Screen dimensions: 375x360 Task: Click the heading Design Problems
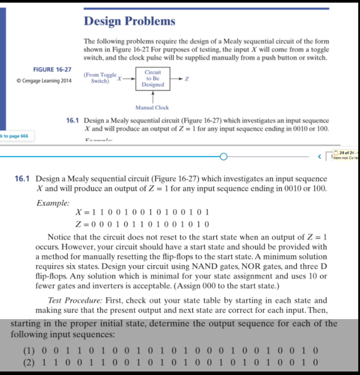click(x=129, y=21)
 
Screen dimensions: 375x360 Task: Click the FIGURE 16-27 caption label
click(x=52, y=69)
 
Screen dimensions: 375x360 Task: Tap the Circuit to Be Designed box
click(x=153, y=79)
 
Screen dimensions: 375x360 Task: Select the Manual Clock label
click(x=152, y=107)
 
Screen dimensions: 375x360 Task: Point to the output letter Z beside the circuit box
click(x=187, y=79)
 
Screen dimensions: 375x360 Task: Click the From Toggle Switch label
click(x=100, y=78)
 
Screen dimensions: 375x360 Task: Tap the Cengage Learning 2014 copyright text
click(x=44, y=81)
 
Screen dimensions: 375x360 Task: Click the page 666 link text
click(x=16, y=136)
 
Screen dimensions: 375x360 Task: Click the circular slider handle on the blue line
click(x=224, y=156)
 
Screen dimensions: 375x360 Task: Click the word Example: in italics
click(x=53, y=203)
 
